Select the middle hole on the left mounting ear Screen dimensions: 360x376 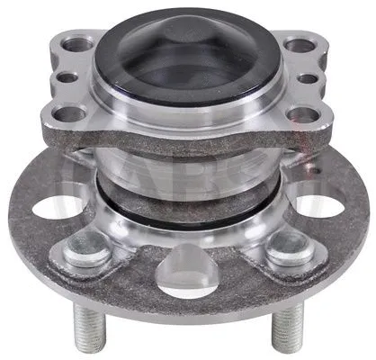point(68,77)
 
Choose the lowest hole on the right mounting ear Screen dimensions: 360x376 point(304,114)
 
